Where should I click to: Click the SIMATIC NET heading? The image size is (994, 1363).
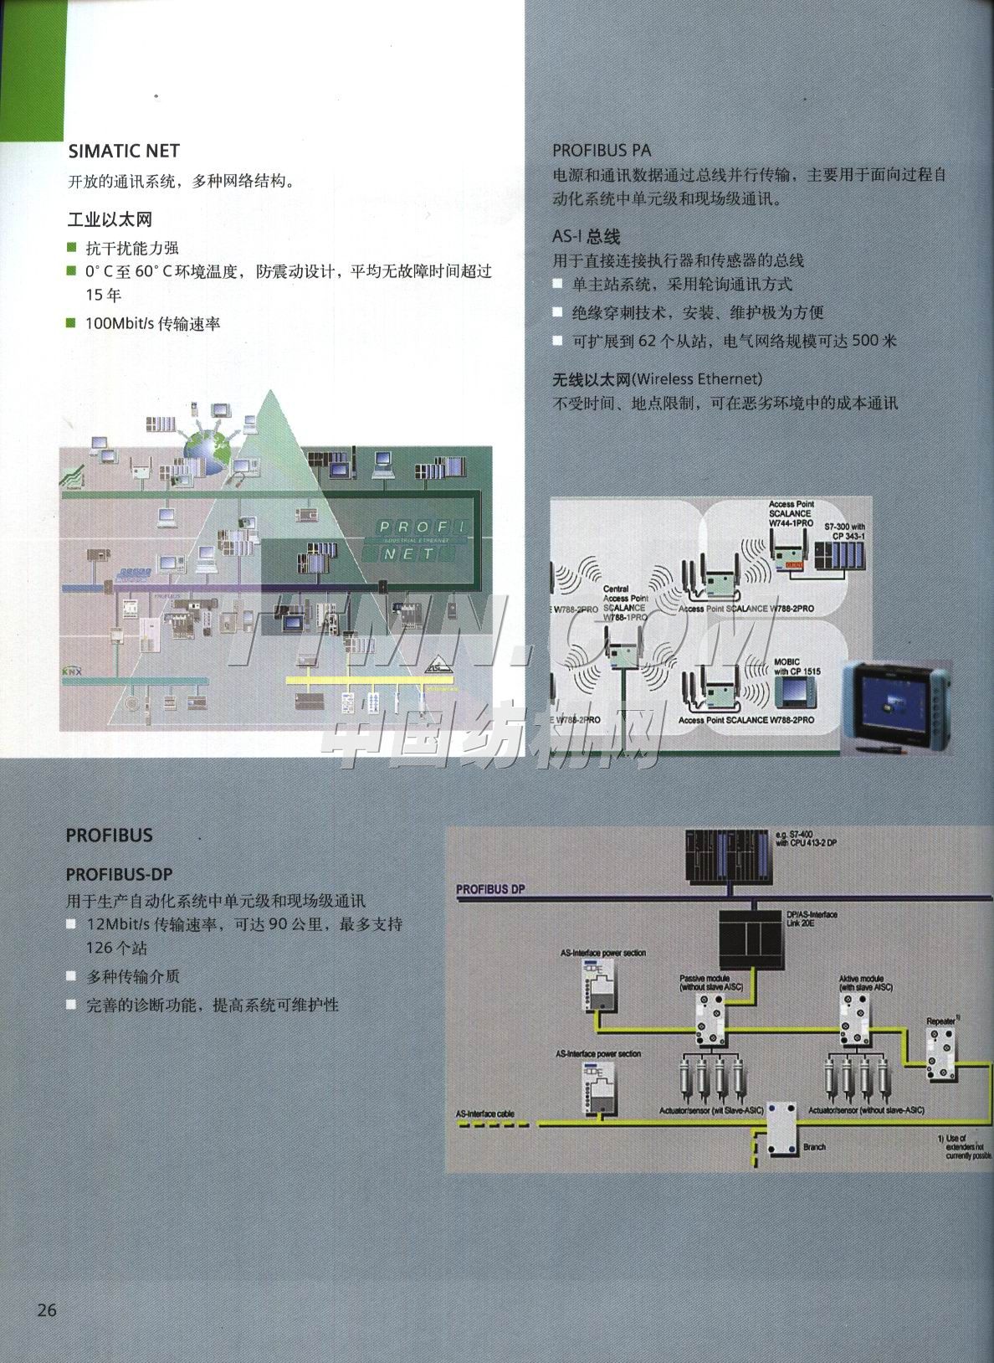(124, 152)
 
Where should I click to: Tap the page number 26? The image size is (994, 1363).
(46, 1310)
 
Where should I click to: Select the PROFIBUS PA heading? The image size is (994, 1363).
(602, 151)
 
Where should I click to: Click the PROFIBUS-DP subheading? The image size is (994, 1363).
(119, 874)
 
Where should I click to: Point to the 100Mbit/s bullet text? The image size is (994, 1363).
(153, 324)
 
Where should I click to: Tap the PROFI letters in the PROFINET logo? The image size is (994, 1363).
(423, 527)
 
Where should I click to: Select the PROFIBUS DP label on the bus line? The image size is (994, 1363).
(491, 889)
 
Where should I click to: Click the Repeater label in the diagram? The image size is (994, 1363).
(943, 1021)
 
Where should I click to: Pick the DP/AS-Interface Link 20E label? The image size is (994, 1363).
(812, 918)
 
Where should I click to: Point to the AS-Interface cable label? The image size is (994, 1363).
(485, 1114)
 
